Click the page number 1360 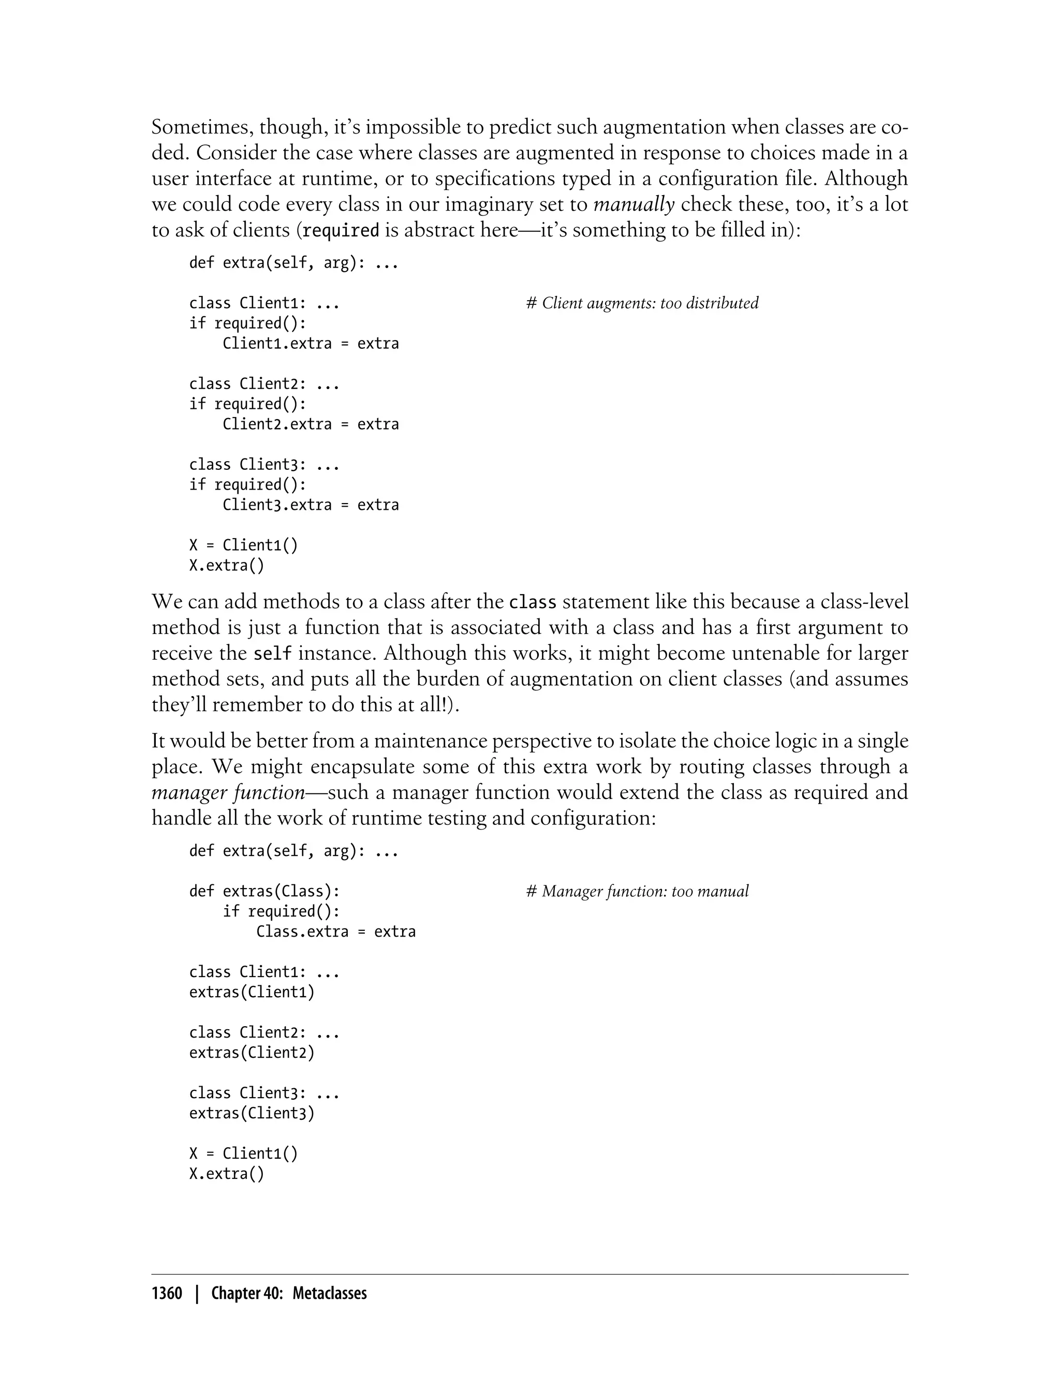[167, 1294]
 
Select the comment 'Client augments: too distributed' [642, 303]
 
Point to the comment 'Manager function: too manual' [637, 892]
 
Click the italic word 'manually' [634, 204]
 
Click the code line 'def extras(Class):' [264, 892]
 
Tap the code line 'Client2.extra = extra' [311, 424]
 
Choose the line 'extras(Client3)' [252, 1114]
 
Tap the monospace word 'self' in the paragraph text [272, 654]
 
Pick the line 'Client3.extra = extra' [311, 505]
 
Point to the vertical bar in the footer [197, 1294]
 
